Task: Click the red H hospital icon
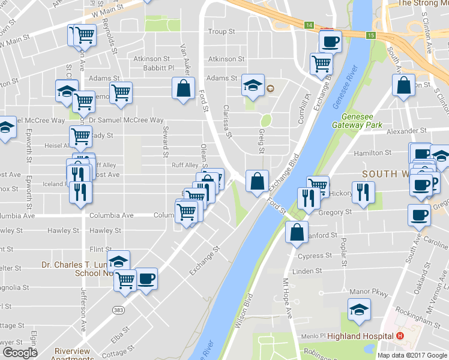[400, 335]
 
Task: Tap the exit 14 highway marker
[309, 25]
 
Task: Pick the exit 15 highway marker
[371, 36]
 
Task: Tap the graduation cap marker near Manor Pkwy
[359, 309]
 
